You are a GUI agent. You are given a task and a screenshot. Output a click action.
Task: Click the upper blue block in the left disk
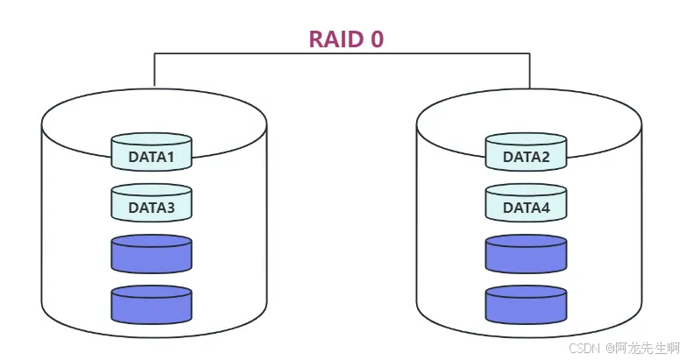point(152,254)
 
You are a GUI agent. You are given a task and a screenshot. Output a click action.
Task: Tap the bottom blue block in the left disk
point(152,304)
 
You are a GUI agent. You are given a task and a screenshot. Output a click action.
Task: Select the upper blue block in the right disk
point(526,254)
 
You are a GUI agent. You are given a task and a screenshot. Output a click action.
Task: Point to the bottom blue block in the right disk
point(526,304)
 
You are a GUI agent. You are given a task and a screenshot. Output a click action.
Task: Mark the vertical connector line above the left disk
point(154,70)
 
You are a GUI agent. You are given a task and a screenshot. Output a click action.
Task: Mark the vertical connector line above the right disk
point(530,70)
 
